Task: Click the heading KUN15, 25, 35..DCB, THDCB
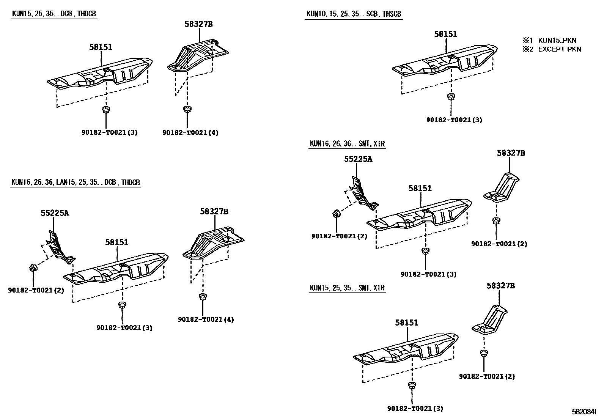coord(54,14)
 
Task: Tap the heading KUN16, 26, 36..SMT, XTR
coord(347,144)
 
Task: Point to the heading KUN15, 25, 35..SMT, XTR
coord(347,288)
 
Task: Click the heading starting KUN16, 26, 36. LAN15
coord(75,183)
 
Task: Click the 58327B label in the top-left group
coord(198,24)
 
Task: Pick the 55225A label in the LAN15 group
coord(55,213)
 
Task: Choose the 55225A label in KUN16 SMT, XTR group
coord(358,159)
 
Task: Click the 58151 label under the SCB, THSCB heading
coord(446,34)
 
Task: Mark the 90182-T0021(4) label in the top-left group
coord(190,133)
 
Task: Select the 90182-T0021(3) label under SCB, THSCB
coord(454,120)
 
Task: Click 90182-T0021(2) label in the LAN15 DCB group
coord(36,290)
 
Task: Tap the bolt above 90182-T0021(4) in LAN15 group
coord(203,296)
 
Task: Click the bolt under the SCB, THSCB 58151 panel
coord(451,96)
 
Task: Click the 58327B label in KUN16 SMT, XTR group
coord(511,153)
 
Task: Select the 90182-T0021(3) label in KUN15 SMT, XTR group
coord(415,409)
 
